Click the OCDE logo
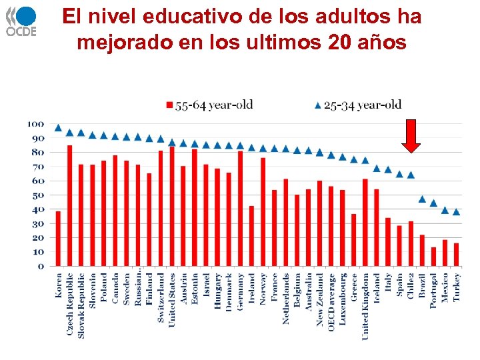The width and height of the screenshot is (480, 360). coord(22,21)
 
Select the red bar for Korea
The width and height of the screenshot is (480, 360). coord(59,239)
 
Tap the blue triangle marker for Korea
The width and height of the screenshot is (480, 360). coord(59,127)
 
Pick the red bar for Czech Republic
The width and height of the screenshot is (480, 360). coord(70,206)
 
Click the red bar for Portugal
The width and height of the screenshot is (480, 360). coord(434,257)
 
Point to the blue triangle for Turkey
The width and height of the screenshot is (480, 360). coord(457,212)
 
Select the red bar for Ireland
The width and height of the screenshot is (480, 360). coord(252,236)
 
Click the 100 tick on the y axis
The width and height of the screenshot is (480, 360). coord(36,124)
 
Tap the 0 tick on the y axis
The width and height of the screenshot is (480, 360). coord(41,267)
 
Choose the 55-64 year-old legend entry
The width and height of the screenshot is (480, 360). coord(209,105)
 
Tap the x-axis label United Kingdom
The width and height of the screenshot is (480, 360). coord(365,306)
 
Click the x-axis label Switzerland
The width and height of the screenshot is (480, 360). coord(161,297)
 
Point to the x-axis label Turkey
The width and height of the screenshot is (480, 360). coord(457,287)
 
